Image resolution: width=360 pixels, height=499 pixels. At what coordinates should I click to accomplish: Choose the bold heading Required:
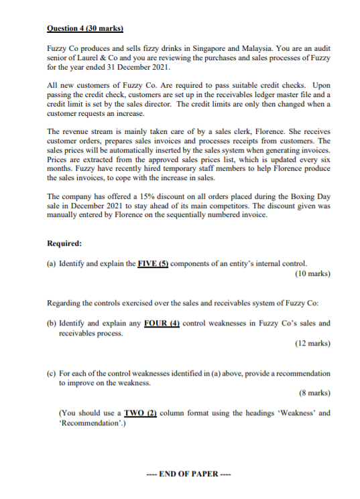pyautogui.click(x=66, y=244)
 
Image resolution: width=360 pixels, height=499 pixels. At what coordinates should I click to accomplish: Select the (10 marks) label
pyautogui.click(x=312, y=273)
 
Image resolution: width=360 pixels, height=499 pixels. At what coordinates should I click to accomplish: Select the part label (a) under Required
pyautogui.click(x=51, y=264)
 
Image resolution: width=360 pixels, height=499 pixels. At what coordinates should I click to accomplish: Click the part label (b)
pyautogui.click(x=51, y=323)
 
